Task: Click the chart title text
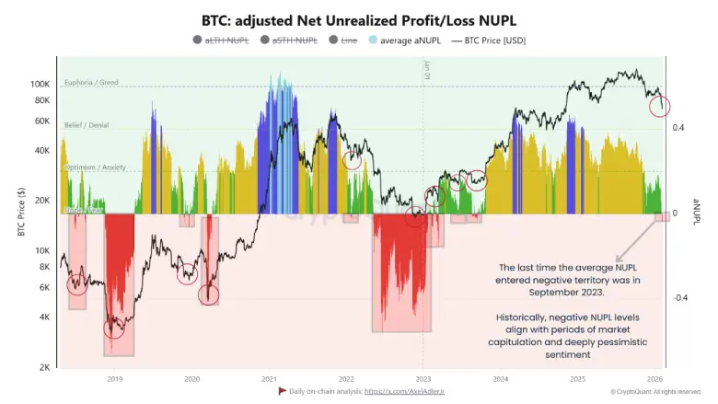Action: pos(358,19)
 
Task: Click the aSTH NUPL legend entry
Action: pos(295,40)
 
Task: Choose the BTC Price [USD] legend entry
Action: pos(494,40)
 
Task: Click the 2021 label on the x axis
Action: pos(270,378)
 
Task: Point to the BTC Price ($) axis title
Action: pos(20,211)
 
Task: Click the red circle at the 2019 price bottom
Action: pos(114,327)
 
